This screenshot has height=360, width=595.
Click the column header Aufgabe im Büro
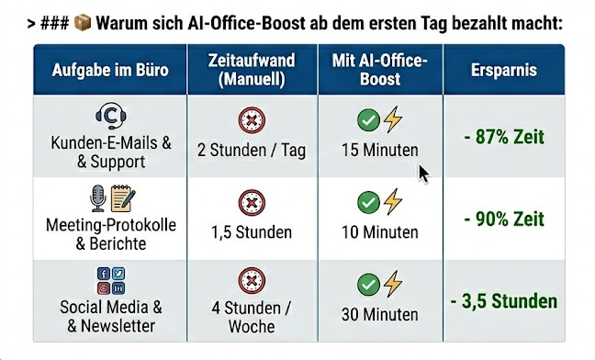[110, 70]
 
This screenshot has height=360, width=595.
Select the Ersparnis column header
[504, 70]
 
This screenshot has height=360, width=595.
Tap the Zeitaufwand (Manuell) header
[252, 70]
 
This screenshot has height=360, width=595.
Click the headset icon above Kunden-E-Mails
[111, 116]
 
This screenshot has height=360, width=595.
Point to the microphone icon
[97, 198]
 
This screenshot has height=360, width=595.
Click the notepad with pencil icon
[123, 198]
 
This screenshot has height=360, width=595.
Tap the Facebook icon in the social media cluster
[103, 274]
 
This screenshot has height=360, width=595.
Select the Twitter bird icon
[118, 274]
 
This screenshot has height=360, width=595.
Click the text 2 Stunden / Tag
[252, 151]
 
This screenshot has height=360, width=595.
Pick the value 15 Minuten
[380, 151]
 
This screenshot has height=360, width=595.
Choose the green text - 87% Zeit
[504, 137]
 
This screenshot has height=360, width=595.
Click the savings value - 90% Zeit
[504, 219]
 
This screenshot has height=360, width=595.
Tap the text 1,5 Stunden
[252, 232]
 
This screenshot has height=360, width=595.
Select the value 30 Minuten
[380, 314]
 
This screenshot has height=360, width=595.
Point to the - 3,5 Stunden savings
[504, 301]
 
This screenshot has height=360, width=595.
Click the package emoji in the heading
[83, 22]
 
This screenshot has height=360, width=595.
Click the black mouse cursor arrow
[423, 174]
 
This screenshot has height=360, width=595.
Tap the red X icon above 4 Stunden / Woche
[252, 281]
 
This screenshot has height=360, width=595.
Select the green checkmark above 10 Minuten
[368, 202]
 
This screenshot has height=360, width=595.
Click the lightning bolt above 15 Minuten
[393, 119]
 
